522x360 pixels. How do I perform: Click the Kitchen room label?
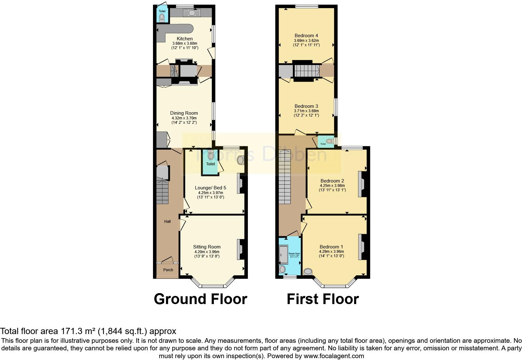click(185, 39)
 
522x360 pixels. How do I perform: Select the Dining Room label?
click(184, 113)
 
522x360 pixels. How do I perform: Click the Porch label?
click(168, 270)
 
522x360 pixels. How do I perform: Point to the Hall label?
click(167, 222)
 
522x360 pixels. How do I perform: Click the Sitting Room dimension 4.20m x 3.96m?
click(206, 252)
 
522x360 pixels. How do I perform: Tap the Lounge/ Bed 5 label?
click(210, 188)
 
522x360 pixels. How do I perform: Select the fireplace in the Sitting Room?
click(241, 249)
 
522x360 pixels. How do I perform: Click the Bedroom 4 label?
click(306, 36)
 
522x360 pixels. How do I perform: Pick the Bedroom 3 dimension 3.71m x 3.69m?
click(306, 111)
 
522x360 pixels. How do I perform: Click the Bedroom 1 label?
click(331, 247)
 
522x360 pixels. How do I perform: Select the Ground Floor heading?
click(200, 299)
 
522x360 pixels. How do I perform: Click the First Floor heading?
click(323, 299)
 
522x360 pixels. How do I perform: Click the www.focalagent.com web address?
click(334, 356)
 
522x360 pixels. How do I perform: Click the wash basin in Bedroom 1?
click(308, 272)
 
